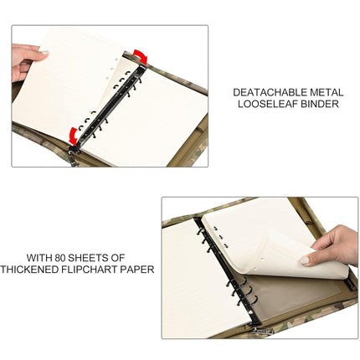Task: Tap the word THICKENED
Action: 29,269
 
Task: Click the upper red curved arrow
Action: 140,57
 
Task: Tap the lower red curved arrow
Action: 75,134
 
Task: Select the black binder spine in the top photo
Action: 109,105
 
